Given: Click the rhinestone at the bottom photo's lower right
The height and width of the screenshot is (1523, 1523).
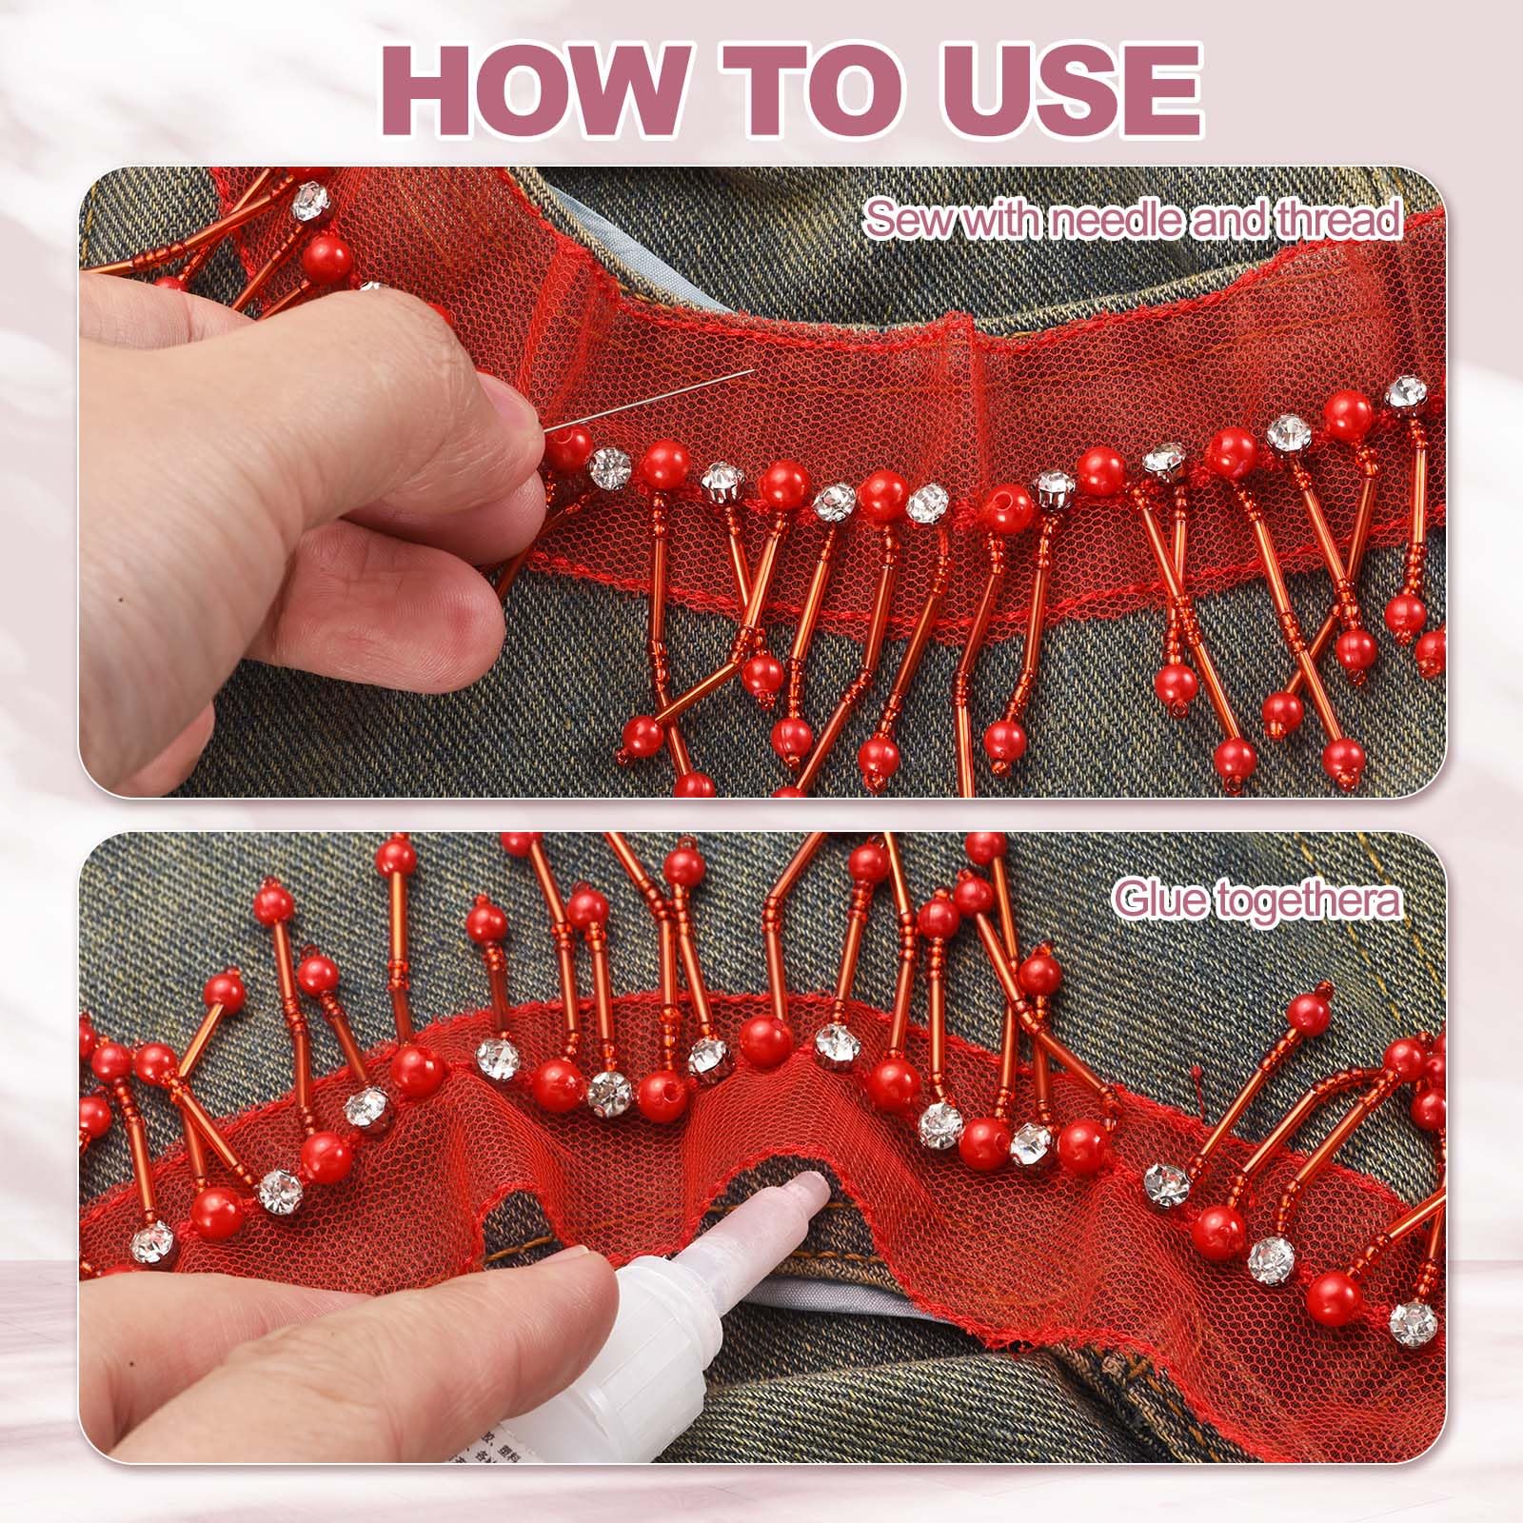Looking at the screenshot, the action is [x=1412, y=1319].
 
